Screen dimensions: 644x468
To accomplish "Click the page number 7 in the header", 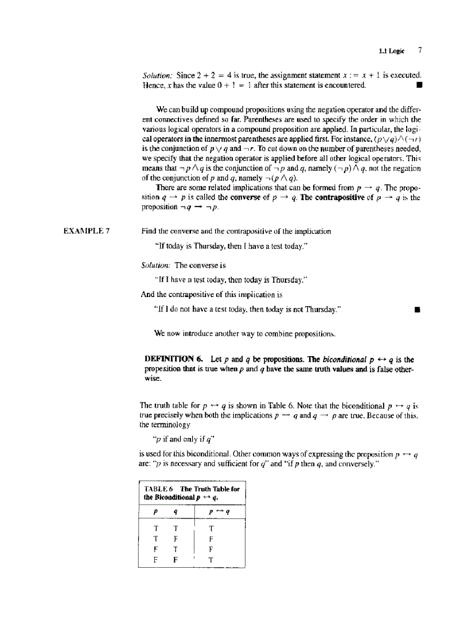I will pyautogui.click(x=420, y=50).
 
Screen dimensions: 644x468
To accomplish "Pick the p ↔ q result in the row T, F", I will pyautogui.click(x=212, y=539).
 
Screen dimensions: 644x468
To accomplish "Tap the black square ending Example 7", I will pyautogui.click(x=418, y=310).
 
